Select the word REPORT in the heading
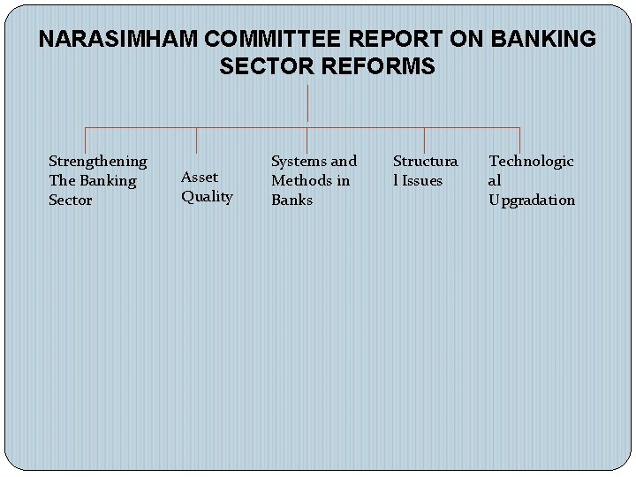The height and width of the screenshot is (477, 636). click(389, 40)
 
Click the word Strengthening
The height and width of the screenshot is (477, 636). click(98, 161)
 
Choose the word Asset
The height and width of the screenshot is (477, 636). click(200, 177)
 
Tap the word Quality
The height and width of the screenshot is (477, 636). click(207, 196)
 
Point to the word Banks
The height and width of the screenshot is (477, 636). click(291, 200)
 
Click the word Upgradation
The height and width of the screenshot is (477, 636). click(532, 200)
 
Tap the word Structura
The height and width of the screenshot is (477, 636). click(425, 161)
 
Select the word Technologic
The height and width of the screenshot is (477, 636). click(531, 161)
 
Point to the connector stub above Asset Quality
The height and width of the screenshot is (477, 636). click(196, 142)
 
